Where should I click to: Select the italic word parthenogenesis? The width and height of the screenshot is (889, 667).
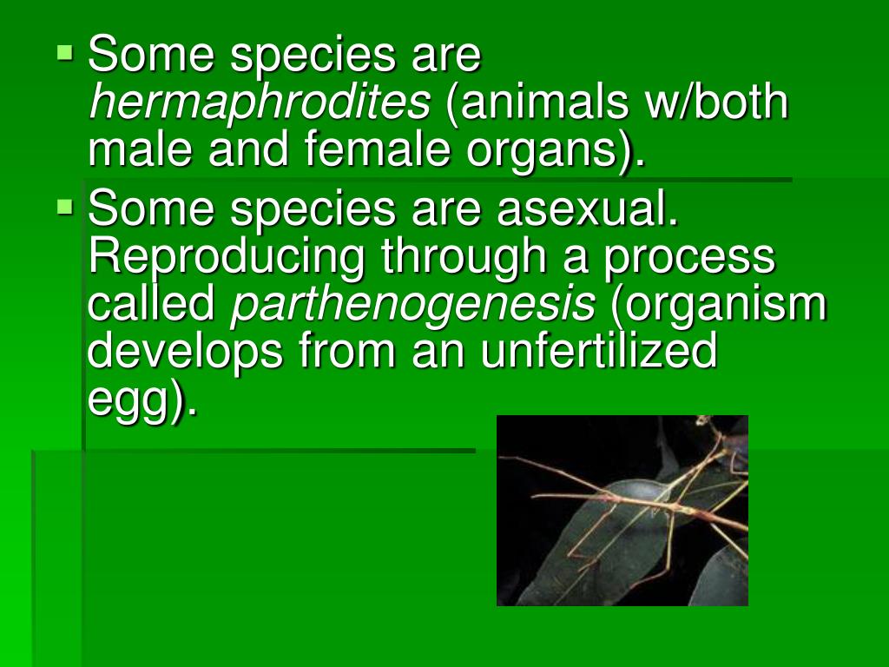pos(412,305)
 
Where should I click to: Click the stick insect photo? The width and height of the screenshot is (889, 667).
pos(622,510)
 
